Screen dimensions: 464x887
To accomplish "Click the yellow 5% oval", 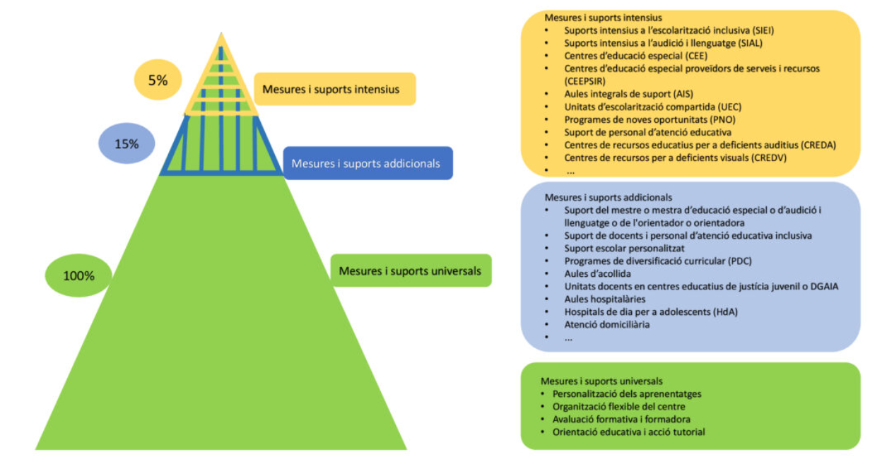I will tap(158, 80).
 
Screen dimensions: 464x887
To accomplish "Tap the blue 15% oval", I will tap(127, 143).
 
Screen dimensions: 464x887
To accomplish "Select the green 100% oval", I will tap(78, 275).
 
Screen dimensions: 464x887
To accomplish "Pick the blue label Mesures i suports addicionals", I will tap(368, 163).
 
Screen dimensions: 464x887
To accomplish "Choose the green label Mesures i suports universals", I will tap(410, 270).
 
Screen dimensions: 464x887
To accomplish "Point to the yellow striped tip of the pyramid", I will tap(221, 78).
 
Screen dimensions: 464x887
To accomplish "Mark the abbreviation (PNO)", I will tap(719, 119).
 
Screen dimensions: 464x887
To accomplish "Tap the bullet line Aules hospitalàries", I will tap(604, 299).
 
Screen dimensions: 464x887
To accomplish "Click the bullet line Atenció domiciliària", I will tap(606, 324).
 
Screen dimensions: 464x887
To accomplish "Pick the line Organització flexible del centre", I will tap(618, 406).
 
